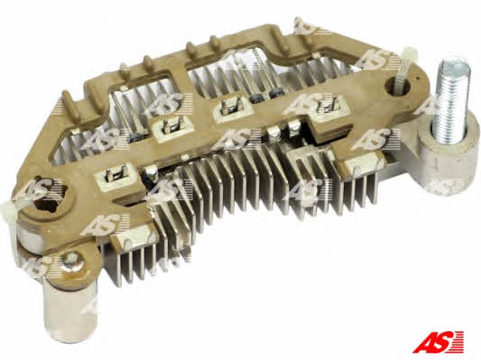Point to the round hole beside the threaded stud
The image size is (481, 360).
click(397, 86)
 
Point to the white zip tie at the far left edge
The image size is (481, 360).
click(6, 212)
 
